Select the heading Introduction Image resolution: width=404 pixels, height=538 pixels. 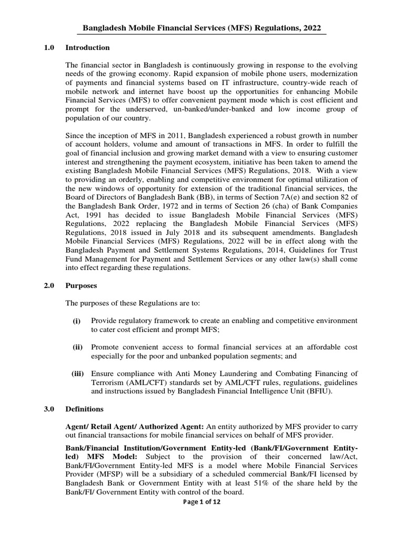[x=87, y=48]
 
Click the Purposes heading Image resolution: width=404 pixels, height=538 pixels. [x=82, y=286]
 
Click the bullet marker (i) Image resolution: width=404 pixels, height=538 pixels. [x=77, y=321]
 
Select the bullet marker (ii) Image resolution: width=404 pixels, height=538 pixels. [x=76, y=348]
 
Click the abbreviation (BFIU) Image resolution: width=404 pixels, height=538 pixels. [x=335, y=391]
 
